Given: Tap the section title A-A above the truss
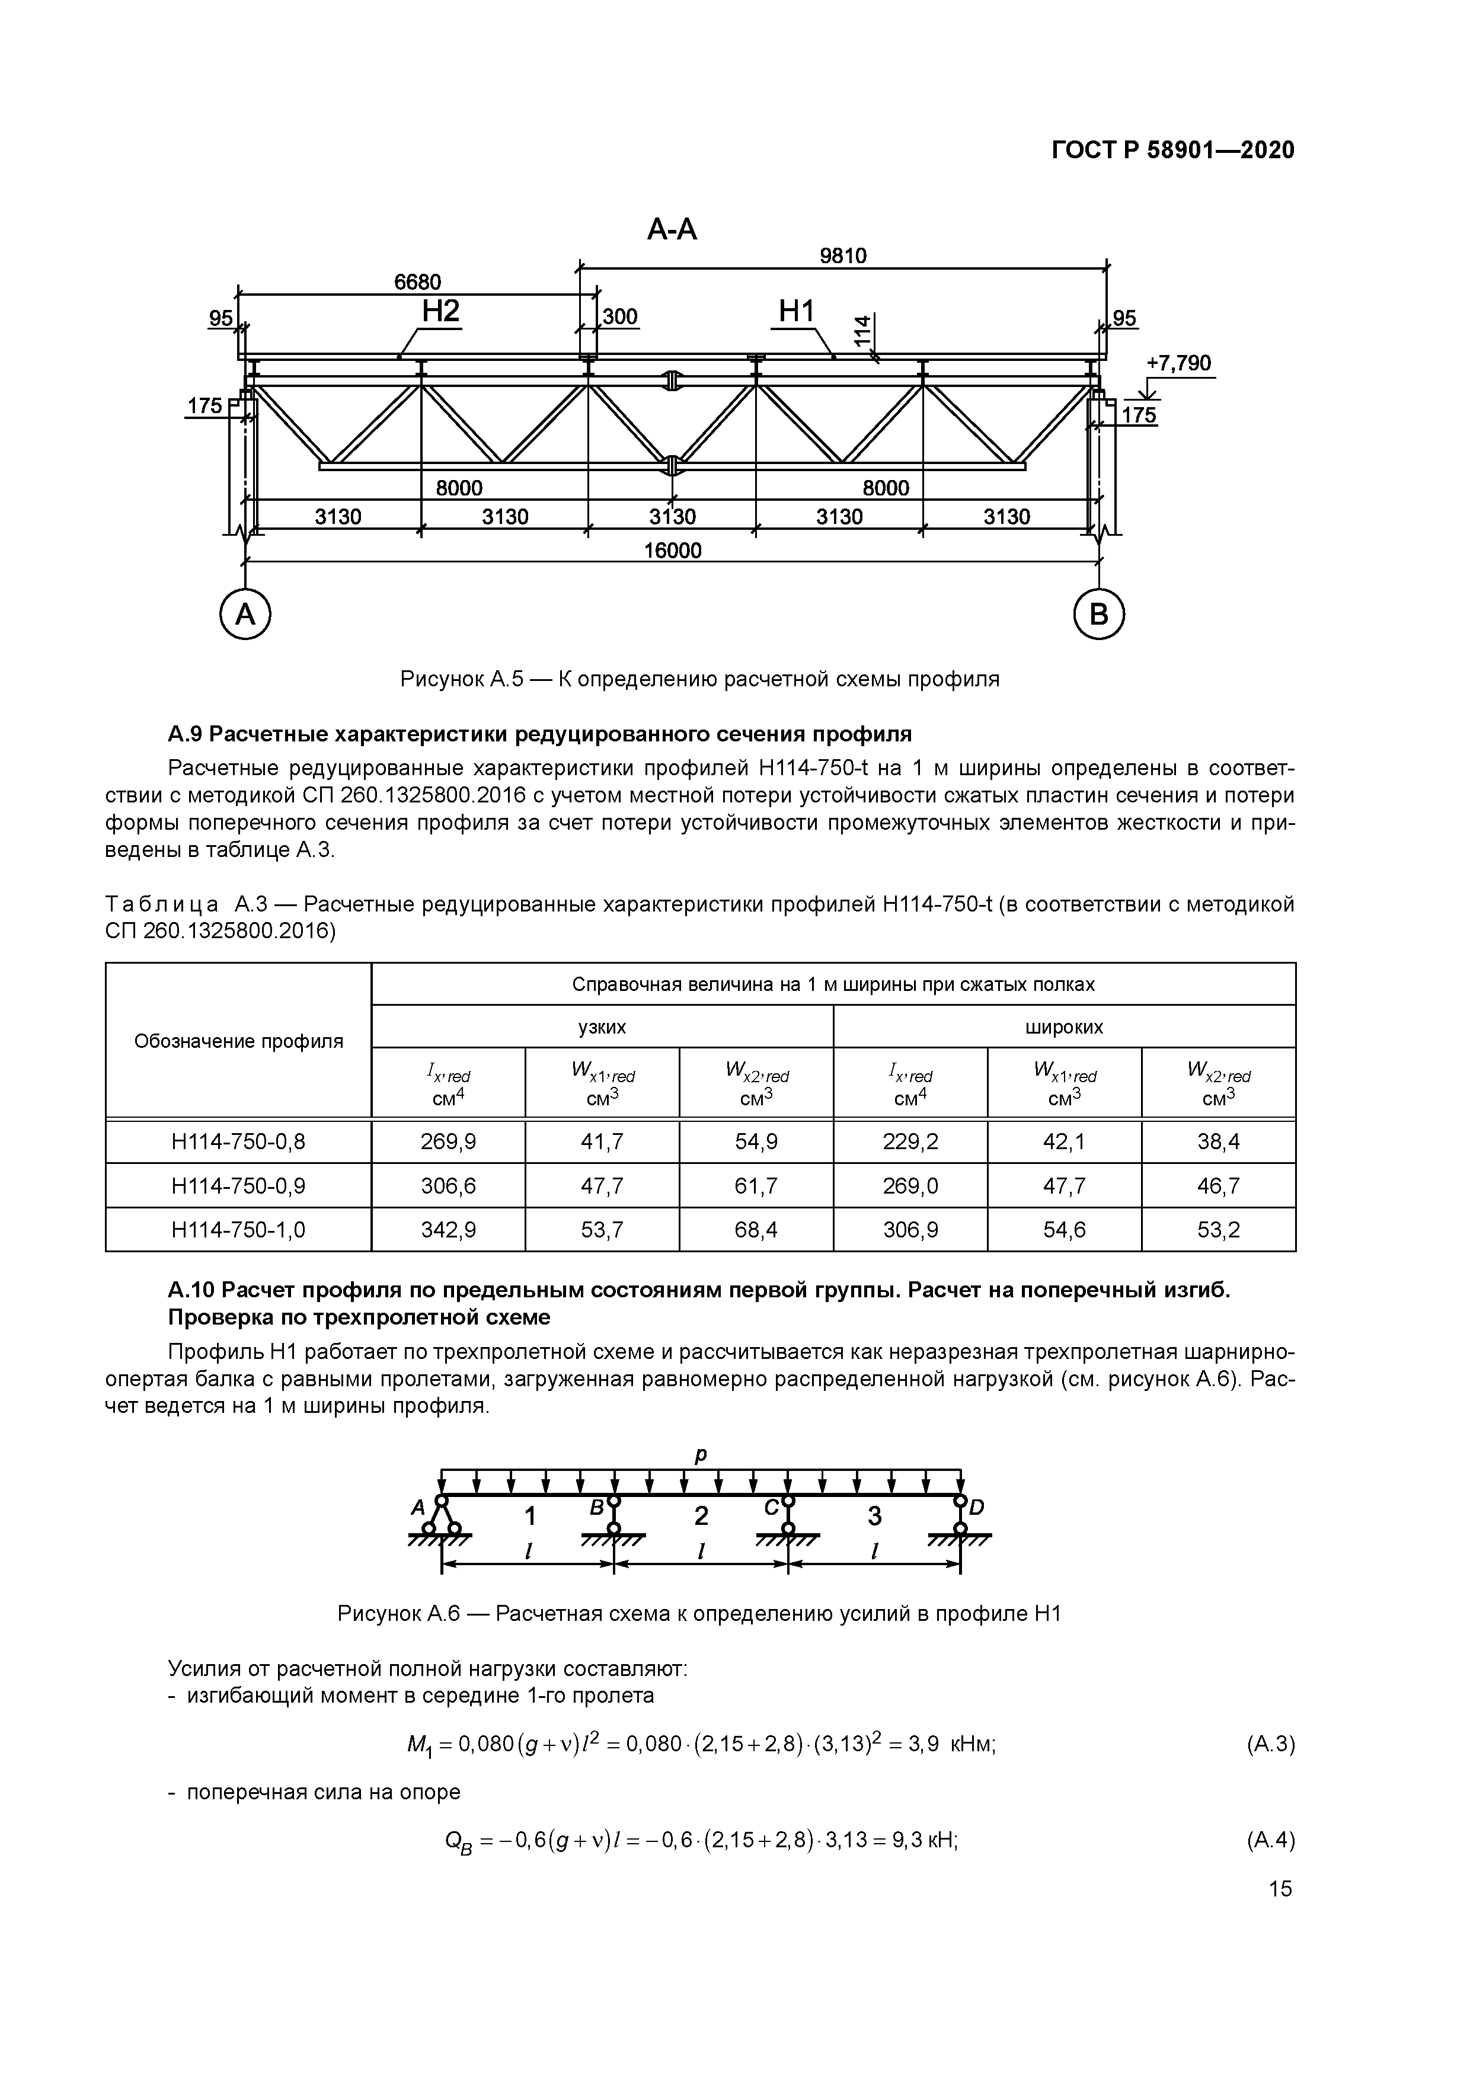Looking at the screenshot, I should click(x=672, y=230).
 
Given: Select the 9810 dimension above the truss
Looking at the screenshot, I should click(x=842, y=256).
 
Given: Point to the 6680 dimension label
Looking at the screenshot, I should click(x=417, y=283).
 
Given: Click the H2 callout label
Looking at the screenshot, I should click(x=441, y=312).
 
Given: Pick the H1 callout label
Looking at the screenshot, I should click(x=797, y=312).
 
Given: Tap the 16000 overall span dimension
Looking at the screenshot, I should click(x=672, y=551).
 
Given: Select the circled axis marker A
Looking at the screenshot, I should click(x=245, y=615).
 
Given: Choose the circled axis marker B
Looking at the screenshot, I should click(x=1099, y=615).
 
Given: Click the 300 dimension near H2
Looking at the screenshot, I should click(x=621, y=317).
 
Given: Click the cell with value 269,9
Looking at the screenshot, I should click(x=448, y=1142).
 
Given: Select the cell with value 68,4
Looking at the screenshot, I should click(x=755, y=1230).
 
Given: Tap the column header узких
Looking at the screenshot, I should click(x=602, y=1027).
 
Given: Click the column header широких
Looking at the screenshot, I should click(x=1063, y=1027).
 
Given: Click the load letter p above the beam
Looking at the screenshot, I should click(x=700, y=1455).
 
